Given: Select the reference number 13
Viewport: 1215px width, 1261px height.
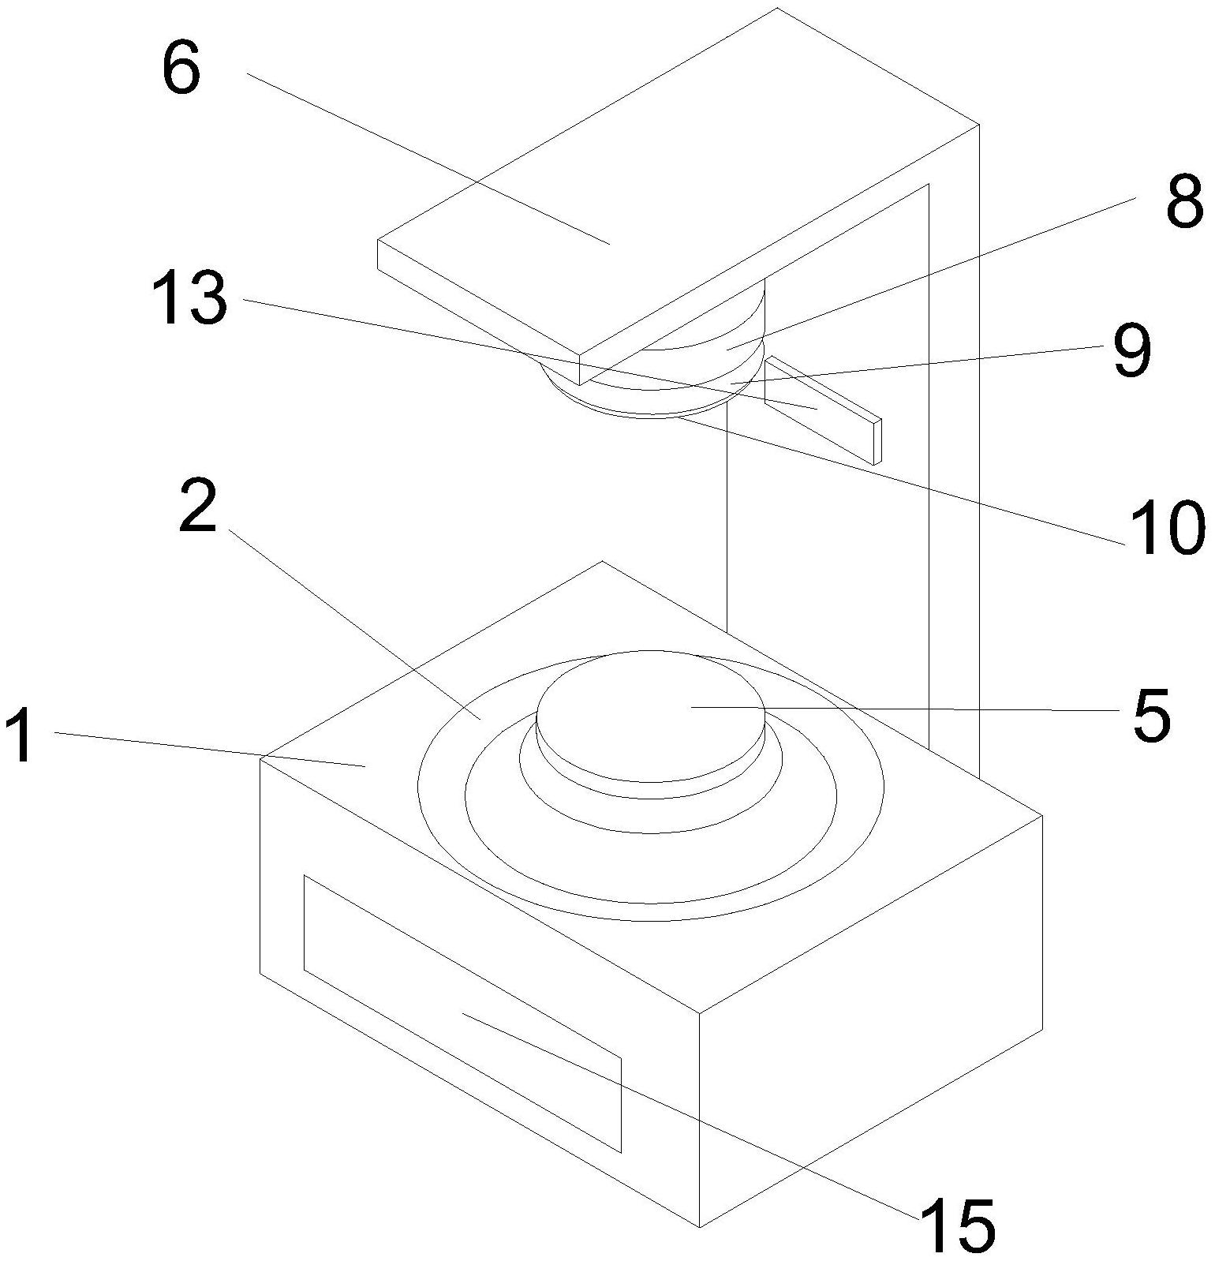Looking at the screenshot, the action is pos(190,298).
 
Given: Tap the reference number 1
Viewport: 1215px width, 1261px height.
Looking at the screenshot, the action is pos(22,735).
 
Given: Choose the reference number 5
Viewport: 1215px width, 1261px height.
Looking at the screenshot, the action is pos(1151,714).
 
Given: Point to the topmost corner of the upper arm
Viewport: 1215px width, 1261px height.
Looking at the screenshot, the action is pos(777,9).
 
